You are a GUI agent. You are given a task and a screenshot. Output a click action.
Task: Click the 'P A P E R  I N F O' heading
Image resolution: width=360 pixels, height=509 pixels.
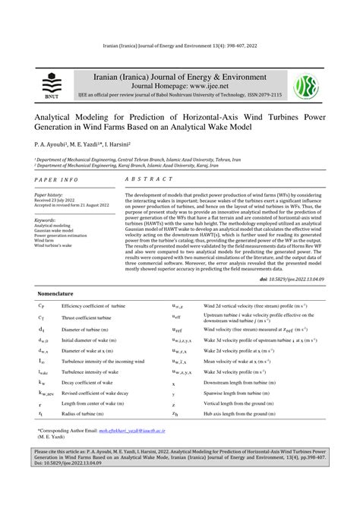coord(56,179)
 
